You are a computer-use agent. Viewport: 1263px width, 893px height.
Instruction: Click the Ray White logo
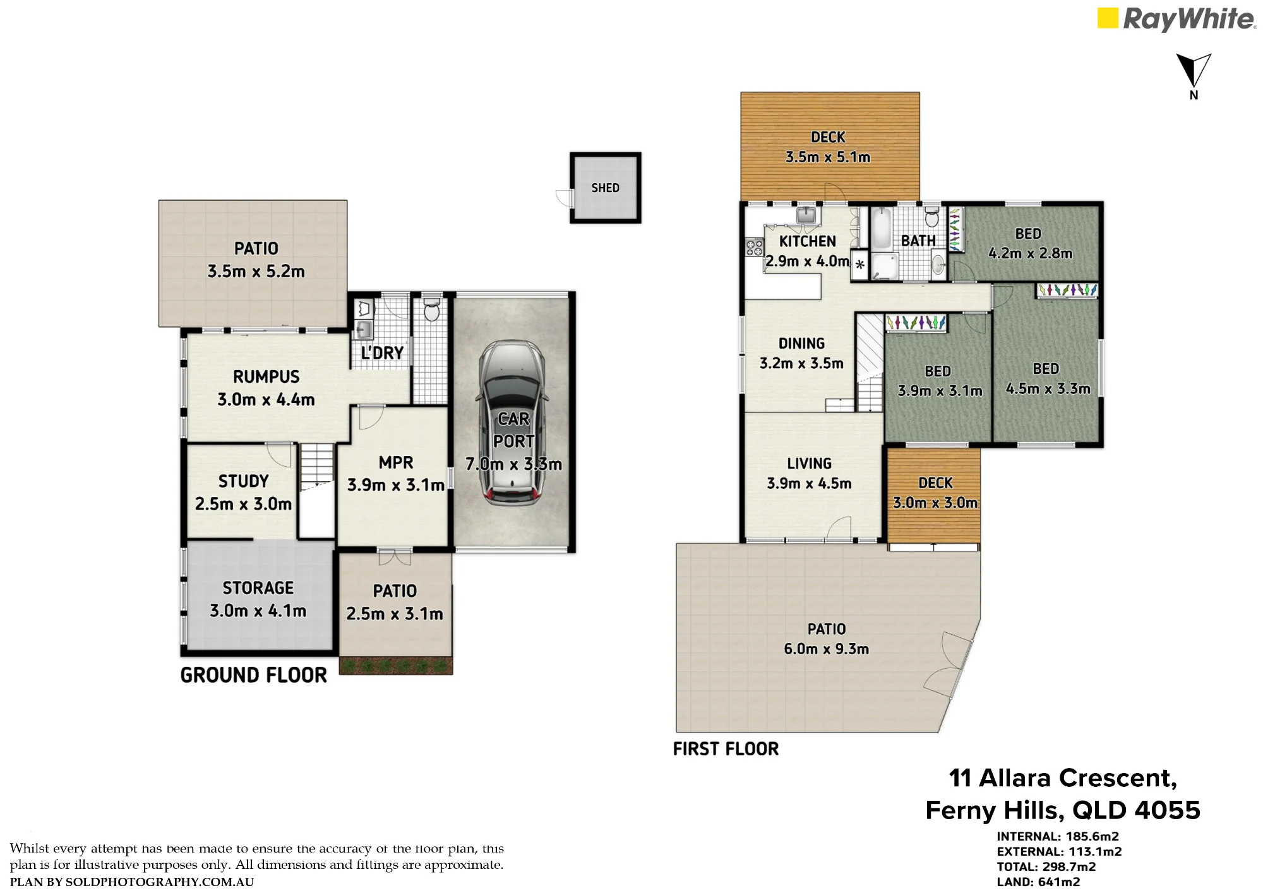pos(1176,19)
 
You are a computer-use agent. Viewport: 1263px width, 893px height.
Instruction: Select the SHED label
pos(605,188)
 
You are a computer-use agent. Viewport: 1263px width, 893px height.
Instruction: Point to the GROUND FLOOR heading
pos(254,675)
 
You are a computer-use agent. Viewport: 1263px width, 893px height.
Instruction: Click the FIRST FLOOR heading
pos(726,749)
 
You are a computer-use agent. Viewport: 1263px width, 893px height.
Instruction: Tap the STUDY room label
pos(243,481)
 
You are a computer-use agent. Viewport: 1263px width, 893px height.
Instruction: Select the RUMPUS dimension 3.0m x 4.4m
pos(266,399)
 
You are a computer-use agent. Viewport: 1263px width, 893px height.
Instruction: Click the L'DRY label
pos(382,352)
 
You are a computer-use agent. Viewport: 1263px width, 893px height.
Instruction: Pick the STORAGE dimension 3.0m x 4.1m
pos(258,611)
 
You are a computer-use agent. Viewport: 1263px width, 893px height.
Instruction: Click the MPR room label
pos(396,462)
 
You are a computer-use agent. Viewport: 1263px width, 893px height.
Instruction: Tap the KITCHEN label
pos(807,241)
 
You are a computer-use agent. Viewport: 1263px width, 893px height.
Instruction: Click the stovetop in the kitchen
pos(755,247)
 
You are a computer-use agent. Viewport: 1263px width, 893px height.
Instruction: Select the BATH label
pos(918,241)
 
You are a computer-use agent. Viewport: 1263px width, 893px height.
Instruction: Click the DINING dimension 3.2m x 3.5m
pos(801,363)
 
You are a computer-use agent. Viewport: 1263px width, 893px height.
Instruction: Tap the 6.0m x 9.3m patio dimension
pos(826,649)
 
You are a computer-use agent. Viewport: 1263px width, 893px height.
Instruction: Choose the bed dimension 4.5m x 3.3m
pos(1048,388)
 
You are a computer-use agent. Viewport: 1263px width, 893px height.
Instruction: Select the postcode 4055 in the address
pos(1167,810)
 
